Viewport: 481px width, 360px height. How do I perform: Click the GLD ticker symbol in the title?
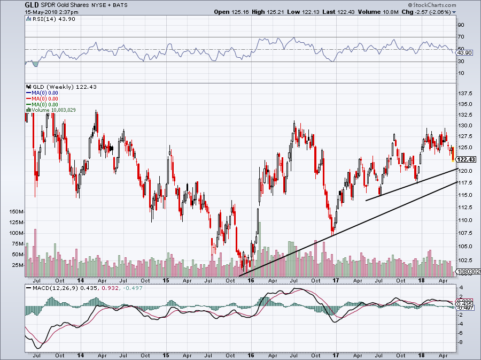30,4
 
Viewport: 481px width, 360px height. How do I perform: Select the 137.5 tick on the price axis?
467,93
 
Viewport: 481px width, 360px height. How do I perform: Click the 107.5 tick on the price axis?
467,233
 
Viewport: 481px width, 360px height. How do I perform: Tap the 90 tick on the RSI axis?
460,25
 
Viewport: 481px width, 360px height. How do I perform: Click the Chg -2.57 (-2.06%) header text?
428,11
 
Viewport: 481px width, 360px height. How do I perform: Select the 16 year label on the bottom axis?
250,280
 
